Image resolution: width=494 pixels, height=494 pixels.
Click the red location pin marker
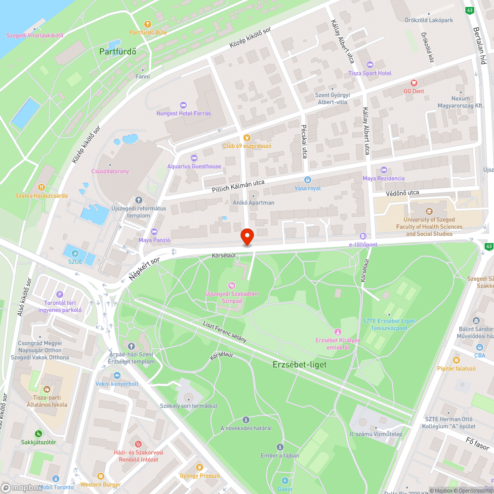click(247, 236)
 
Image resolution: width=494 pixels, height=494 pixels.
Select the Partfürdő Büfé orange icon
click(147, 24)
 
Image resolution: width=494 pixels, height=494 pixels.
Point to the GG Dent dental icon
click(413, 82)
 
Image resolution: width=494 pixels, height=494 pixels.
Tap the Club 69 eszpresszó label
click(247, 146)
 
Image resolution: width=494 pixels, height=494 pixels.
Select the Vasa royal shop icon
click(308, 180)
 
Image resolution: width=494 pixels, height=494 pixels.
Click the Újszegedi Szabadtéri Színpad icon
click(232, 285)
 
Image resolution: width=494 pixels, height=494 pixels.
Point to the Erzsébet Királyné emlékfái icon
click(338, 331)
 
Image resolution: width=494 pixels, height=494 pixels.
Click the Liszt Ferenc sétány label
click(224, 332)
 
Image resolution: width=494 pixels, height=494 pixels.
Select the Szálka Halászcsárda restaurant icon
click(41, 187)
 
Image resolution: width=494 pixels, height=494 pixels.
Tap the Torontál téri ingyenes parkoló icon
click(60, 294)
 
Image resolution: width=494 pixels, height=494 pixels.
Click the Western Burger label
click(100, 485)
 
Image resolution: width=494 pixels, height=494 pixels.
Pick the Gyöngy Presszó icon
click(199, 467)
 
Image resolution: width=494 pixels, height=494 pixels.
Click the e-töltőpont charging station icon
click(363, 237)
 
